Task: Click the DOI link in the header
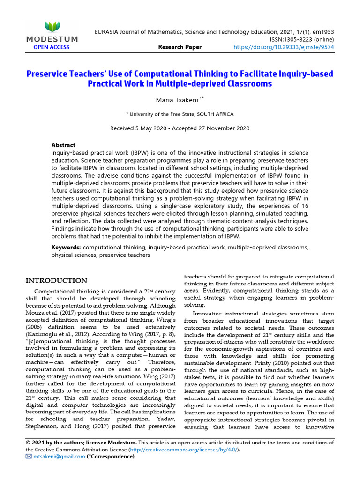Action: coord(284,47)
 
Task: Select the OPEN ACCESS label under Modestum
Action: coord(51,47)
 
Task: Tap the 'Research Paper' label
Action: coord(180,47)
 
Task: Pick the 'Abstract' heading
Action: coord(63,145)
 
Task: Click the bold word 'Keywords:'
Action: coord(66,247)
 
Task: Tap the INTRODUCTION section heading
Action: coord(56,281)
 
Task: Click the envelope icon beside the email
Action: coord(29,456)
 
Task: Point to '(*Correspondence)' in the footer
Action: coord(110,456)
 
